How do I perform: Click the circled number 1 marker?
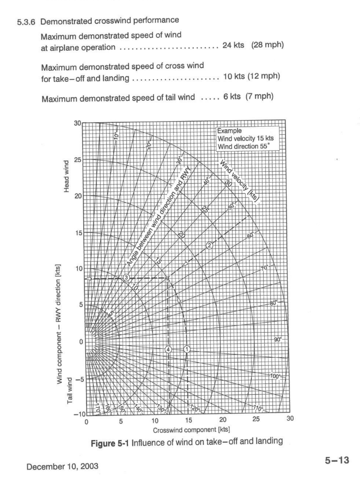pyautogui.click(x=186, y=349)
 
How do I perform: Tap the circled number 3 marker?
pyautogui.click(x=126, y=277)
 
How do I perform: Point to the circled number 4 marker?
pyautogui.click(x=169, y=349)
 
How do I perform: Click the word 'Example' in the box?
pyautogui.click(x=229, y=131)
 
